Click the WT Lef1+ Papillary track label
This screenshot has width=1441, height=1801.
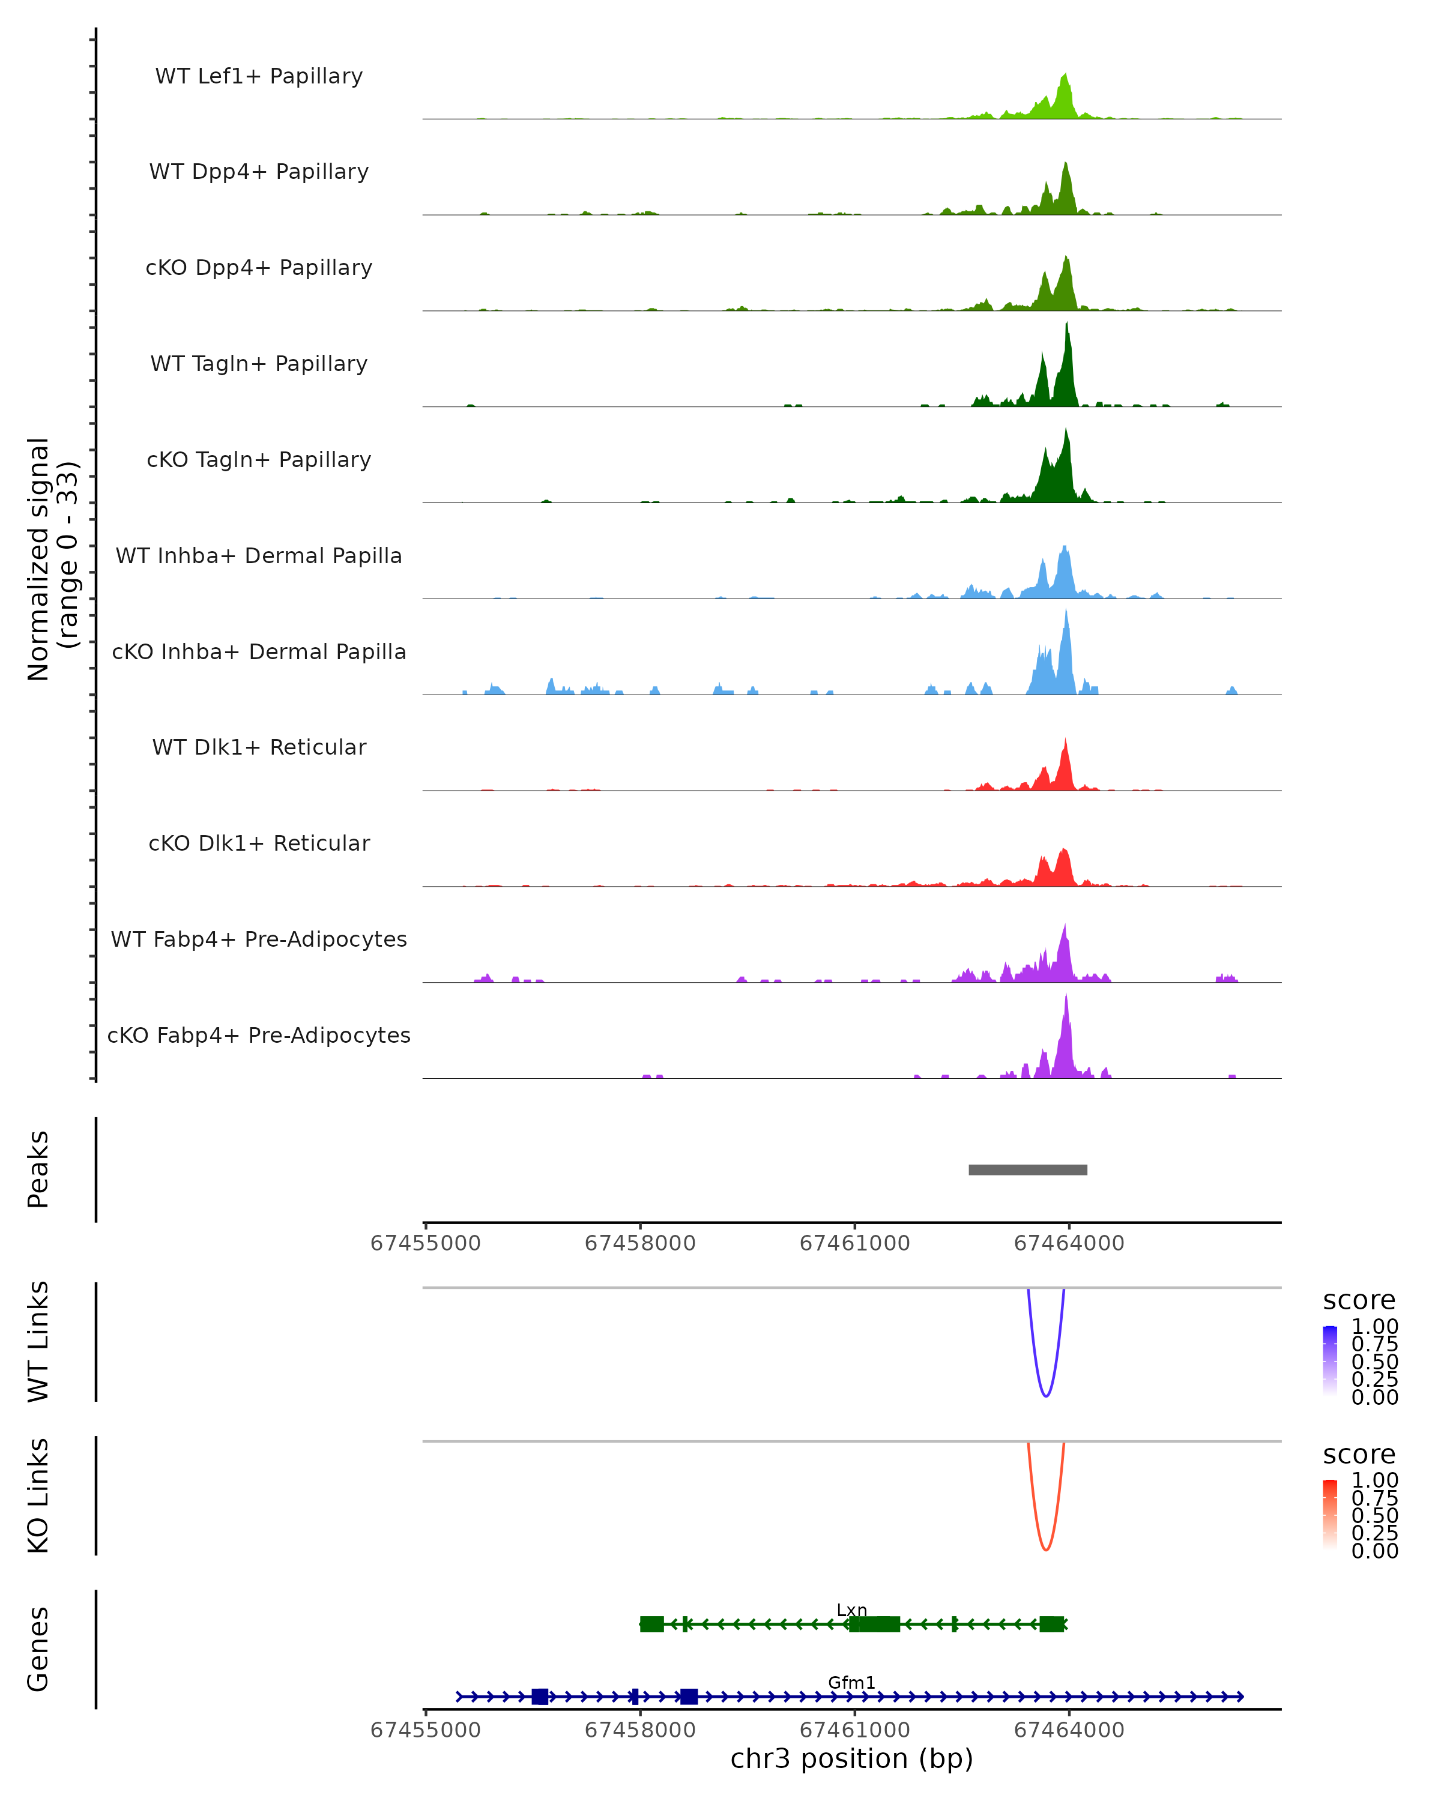[x=259, y=76]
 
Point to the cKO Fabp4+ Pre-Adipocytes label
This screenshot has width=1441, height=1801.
[x=259, y=1035]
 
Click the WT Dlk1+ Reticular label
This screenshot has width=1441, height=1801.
[x=259, y=747]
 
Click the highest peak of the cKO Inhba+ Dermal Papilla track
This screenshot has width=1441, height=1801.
[x=1066, y=612]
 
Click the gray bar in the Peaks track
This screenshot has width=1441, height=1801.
[x=1027, y=1169]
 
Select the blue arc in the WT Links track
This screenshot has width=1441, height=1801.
[x=1046, y=1395]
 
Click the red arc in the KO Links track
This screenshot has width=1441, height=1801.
[x=1046, y=1549]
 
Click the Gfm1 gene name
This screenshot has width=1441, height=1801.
[x=851, y=1682]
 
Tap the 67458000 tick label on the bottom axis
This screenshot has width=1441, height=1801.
[x=640, y=1730]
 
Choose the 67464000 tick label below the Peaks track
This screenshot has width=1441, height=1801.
[x=1068, y=1243]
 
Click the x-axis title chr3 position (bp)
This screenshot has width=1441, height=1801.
[x=851, y=1759]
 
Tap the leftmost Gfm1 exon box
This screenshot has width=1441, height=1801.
[x=540, y=1697]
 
